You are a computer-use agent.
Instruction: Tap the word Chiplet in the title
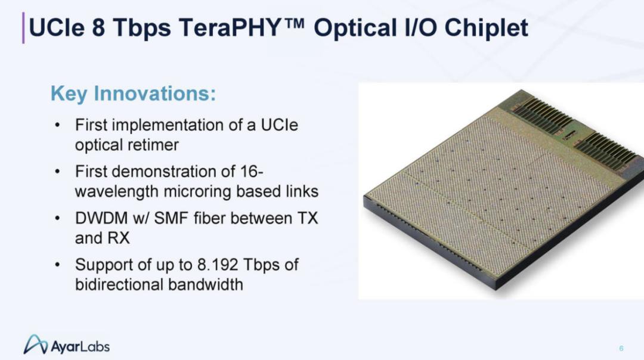click(487, 28)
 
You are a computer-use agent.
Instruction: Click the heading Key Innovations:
click(133, 94)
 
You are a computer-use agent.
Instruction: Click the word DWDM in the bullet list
click(101, 218)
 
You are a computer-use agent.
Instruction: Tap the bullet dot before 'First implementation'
click(57, 125)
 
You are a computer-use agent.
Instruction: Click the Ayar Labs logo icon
click(36, 345)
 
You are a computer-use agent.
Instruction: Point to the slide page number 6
click(621, 349)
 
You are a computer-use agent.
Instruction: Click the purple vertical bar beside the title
click(23, 28)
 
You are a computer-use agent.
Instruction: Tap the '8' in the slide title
click(98, 28)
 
